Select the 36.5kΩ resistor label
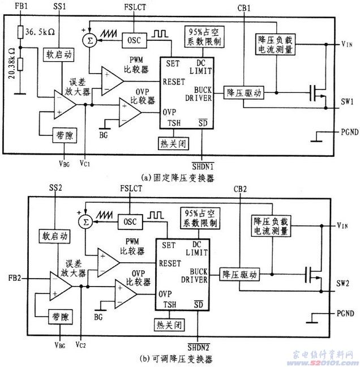(x=43, y=33)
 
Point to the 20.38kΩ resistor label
(x=12, y=59)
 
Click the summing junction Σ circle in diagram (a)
(x=88, y=40)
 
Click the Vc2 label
(x=82, y=345)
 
